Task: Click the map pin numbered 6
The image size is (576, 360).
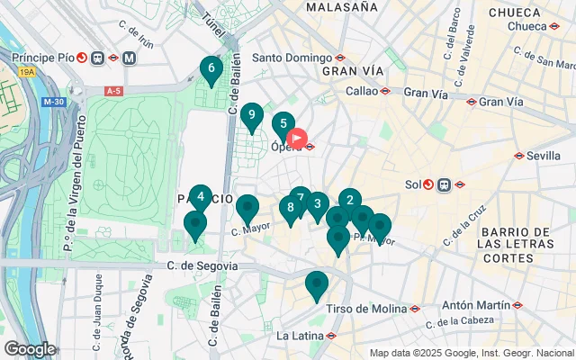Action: click(211, 69)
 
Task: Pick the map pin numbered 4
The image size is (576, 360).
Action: click(201, 198)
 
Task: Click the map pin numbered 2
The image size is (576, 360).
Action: click(349, 202)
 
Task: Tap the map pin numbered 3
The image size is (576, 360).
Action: click(317, 205)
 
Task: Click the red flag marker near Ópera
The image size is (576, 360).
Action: click(297, 140)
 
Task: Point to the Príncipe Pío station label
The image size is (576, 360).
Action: click(44, 58)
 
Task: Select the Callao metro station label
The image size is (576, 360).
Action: click(364, 91)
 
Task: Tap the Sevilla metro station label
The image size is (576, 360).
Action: click(544, 155)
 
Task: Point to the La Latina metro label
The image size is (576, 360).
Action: click(299, 336)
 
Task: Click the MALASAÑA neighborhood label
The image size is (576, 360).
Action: click(341, 7)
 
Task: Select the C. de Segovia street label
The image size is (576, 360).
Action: click(202, 265)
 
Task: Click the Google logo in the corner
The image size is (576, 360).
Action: click(30, 349)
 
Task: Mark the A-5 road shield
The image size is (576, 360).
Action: click(113, 91)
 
